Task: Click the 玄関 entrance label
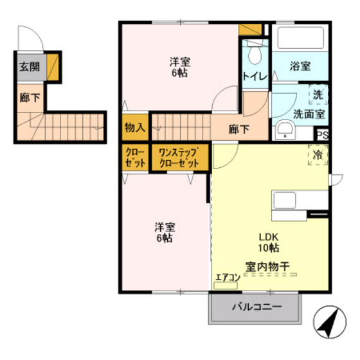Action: pyautogui.click(x=28, y=67)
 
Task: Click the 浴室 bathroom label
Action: pyautogui.click(x=300, y=67)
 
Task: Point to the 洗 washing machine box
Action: pyautogui.click(x=319, y=95)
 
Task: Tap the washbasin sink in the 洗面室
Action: pyautogui.click(x=283, y=131)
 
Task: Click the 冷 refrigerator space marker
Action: pyautogui.click(x=319, y=156)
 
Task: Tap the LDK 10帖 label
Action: pyautogui.click(x=269, y=241)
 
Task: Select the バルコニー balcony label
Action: pyautogui.click(x=256, y=307)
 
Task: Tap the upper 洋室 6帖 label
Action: pyautogui.click(x=179, y=68)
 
